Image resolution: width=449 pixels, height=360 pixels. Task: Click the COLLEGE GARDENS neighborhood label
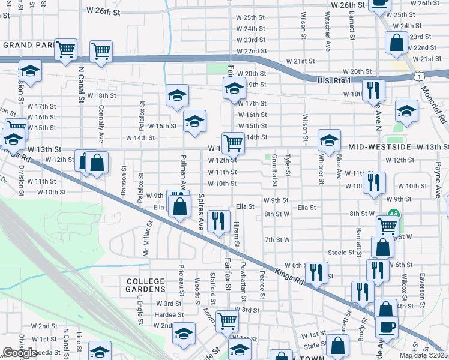pos(145,286)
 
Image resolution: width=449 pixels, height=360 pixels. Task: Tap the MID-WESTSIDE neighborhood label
pos(377,147)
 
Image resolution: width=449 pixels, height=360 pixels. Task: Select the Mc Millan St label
pos(146,240)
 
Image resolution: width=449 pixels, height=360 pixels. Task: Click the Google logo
pos(20,353)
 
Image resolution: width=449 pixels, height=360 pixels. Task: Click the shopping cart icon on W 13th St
pos(233,143)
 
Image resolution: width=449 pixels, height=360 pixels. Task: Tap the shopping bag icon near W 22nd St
pos(396,43)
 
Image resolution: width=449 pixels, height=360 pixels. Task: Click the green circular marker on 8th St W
pos(394,213)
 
